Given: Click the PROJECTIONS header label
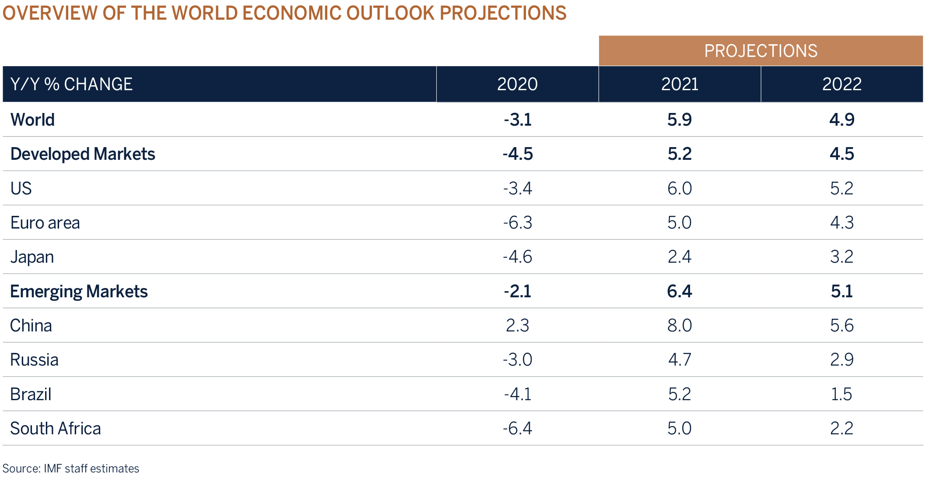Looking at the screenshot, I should pyautogui.click(x=761, y=51).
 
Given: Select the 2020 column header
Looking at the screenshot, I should pyautogui.click(x=517, y=84).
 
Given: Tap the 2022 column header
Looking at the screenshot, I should pyautogui.click(x=841, y=84).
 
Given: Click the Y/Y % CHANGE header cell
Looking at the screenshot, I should pyautogui.click(x=71, y=84).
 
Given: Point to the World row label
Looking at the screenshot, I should pyautogui.click(x=33, y=120).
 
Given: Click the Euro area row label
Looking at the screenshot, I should pyautogui.click(x=45, y=222).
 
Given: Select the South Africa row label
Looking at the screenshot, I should pyautogui.click(x=56, y=428).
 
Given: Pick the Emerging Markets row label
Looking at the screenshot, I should pyautogui.click(x=79, y=291).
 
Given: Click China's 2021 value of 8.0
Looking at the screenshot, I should pyautogui.click(x=679, y=325).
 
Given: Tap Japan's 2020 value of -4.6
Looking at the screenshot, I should pyautogui.click(x=517, y=257).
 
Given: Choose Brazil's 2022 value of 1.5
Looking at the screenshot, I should pyautogui.click(x=841, y=394).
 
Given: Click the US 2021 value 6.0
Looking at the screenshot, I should pyautogui.click(x=679, y=188).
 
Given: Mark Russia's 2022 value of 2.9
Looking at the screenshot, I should pyautogui.click(x=841, y=359).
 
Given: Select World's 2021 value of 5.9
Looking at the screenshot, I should pyautogui.click(x=679, y=120).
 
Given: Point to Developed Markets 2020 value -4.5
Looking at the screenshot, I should pyautogui.click(x=517, y=154).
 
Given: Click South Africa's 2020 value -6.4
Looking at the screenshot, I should pyautogui.click(x=517, y=428).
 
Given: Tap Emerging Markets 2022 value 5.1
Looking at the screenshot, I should pyautogui.click(x=841, y=291).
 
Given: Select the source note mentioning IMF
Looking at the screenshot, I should pyautogui.click(x=71, y=468).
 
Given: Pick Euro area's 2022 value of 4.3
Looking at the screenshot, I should pyautogui.click(x=841, y=222).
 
